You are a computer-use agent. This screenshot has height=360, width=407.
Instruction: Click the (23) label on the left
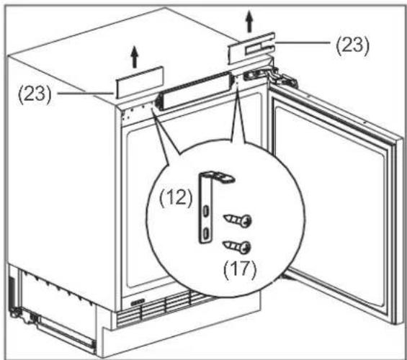35,94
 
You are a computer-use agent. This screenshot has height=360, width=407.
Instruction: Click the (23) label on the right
352,45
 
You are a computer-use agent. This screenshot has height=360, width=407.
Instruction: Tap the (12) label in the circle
176,198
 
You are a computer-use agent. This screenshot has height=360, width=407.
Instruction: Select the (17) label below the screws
240,270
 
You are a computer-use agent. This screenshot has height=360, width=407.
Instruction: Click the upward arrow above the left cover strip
134,57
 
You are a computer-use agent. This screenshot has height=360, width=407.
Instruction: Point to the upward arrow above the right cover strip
249,22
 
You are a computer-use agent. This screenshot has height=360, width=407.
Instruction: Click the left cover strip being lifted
139,83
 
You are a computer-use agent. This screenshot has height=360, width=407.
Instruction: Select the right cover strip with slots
251,48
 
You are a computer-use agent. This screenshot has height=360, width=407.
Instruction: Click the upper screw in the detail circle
238,220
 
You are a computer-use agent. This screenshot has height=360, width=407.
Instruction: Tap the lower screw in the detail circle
237,246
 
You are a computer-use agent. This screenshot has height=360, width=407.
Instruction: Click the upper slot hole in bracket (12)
206,211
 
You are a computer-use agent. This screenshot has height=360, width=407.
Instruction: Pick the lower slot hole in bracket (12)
206,233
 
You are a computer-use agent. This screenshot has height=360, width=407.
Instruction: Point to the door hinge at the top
270,76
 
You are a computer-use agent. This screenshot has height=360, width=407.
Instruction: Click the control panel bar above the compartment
194,91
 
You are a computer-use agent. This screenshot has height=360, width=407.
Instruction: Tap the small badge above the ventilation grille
138,302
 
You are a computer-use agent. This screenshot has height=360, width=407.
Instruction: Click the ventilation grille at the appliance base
166,309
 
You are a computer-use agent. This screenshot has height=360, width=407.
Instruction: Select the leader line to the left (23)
86,94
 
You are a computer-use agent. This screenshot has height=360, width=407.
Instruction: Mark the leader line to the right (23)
303,42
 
